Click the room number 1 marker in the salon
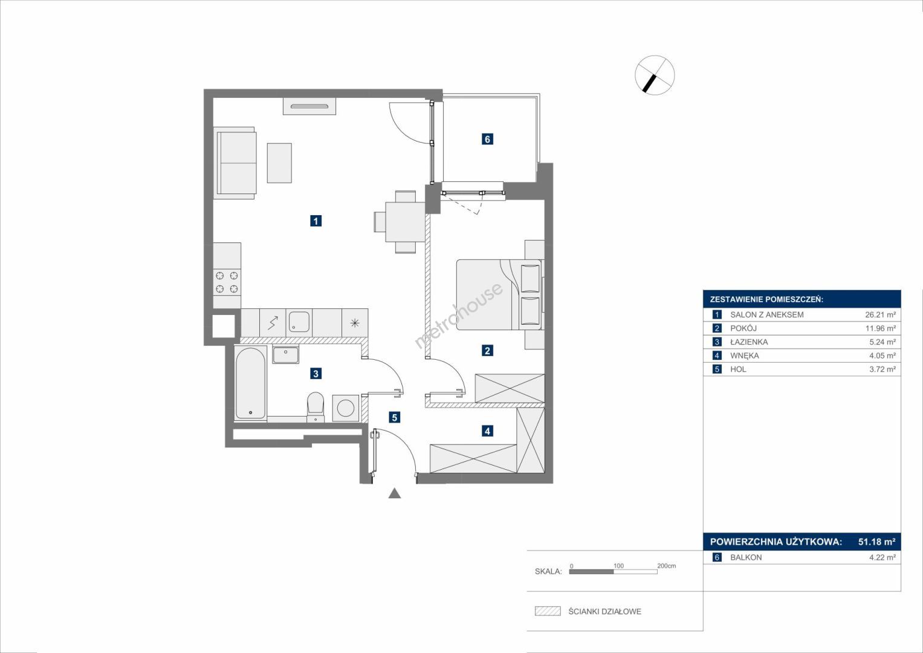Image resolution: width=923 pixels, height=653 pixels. [316, 221]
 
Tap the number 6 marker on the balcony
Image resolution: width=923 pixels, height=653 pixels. [487, 139]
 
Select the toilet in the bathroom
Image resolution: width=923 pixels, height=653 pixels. [316, 407]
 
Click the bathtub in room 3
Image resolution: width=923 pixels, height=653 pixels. [250, 383]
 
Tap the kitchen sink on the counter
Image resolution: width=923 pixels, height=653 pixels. [299, 322]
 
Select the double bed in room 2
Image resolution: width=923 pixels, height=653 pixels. [499, 294]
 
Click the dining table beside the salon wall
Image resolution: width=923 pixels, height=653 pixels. [405, 222]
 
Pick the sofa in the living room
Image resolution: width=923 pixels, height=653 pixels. [235, 163]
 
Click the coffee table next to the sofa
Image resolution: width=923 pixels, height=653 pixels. [279, 163]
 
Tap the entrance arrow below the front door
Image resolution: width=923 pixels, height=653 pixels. [395, 493]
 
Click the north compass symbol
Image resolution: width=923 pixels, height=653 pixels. [655, 75]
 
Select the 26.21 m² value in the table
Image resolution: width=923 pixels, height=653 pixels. [881, 314]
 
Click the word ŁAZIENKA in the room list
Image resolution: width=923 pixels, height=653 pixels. [749, 342]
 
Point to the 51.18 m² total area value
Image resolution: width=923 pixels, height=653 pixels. [877, 542]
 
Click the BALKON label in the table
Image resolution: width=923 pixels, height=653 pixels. [746, 557]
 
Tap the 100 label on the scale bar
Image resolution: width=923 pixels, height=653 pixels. [618, 565]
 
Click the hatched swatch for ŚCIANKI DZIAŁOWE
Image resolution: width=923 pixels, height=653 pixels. [548, 611]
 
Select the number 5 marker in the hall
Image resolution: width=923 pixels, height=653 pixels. [394, 418]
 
